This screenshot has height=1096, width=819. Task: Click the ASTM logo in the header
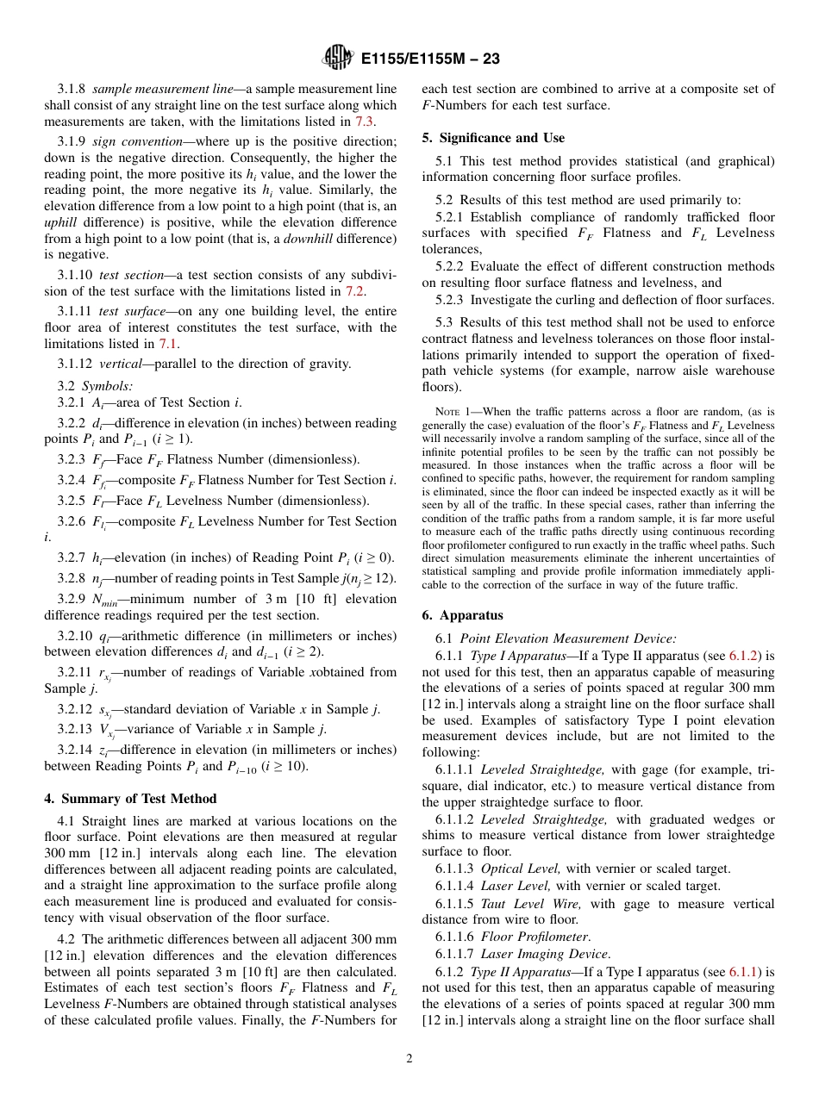pos(338,59)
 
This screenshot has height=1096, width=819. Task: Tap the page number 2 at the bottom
pos(409,1059)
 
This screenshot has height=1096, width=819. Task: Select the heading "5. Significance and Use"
pos(493,138)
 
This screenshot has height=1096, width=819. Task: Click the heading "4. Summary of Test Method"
pos(130,799)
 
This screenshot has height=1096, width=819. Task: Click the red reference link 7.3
pos(365,121)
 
